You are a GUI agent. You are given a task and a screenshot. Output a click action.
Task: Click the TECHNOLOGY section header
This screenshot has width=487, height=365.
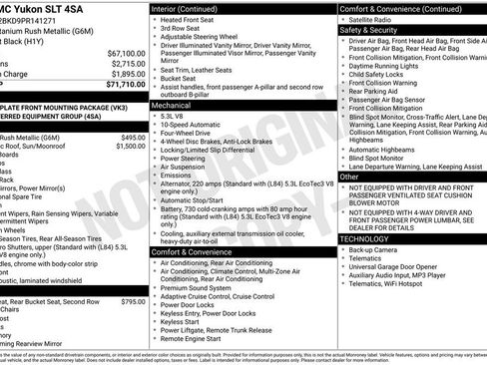(366, 238)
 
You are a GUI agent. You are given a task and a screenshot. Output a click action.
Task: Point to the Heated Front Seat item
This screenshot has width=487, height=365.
(197, 20)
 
